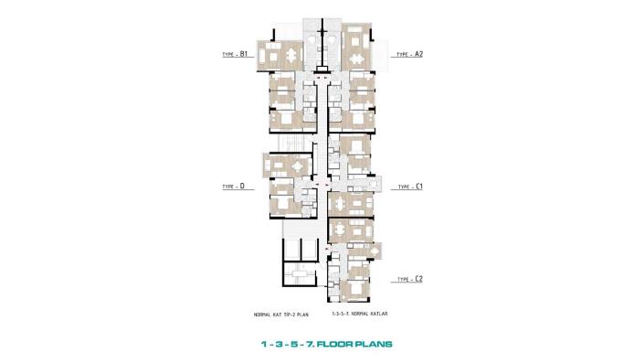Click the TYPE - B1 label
(236, 55)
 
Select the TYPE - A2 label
(408, 55)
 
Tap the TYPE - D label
(234, 186)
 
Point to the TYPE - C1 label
(408, 186)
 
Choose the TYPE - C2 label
(408, 278)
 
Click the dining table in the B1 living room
(290, 56)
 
